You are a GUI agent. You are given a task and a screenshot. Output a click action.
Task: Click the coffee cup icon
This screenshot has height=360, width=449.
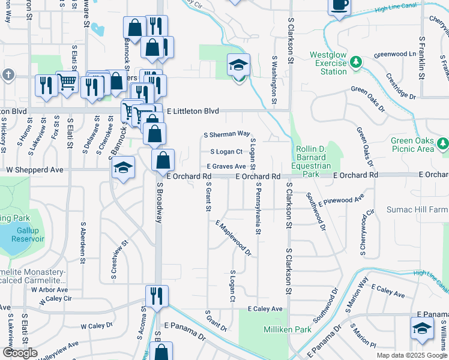[340, 5]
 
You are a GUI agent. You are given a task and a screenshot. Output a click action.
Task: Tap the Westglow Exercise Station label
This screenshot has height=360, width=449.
[328, 63]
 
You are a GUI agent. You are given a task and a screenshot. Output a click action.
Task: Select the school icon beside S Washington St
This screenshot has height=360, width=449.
[238, 65]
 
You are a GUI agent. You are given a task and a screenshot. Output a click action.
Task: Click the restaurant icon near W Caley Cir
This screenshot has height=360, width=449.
[156, 296]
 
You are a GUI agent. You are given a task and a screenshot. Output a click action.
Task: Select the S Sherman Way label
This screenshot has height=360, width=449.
[226, 134]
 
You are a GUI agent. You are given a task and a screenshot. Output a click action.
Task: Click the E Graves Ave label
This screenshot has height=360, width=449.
[226, 166]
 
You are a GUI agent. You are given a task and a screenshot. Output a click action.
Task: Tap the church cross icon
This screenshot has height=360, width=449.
[8, 75]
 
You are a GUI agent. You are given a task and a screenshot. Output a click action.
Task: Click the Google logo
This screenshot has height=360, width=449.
[20, 353]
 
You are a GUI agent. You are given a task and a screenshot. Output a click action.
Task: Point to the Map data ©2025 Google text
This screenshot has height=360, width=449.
[411, 355]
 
